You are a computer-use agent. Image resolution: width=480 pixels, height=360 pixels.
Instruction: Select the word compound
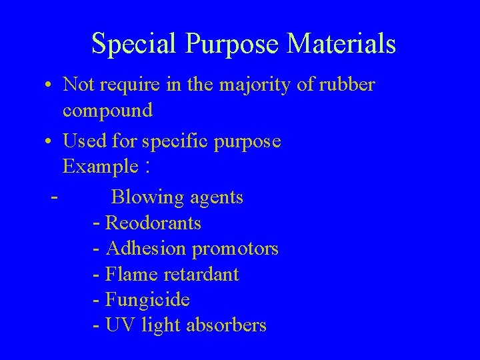click(108, 111)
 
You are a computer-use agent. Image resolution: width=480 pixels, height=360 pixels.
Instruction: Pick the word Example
click(100, 167)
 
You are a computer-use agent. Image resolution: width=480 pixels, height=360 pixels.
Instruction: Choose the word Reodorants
click(153, 223)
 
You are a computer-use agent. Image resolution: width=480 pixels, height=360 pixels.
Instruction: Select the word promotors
click(235, 249)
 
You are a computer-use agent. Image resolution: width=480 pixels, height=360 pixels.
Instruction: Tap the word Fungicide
click(147, 300)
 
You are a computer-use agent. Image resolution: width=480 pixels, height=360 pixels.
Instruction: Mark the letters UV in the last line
click(119, 325)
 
